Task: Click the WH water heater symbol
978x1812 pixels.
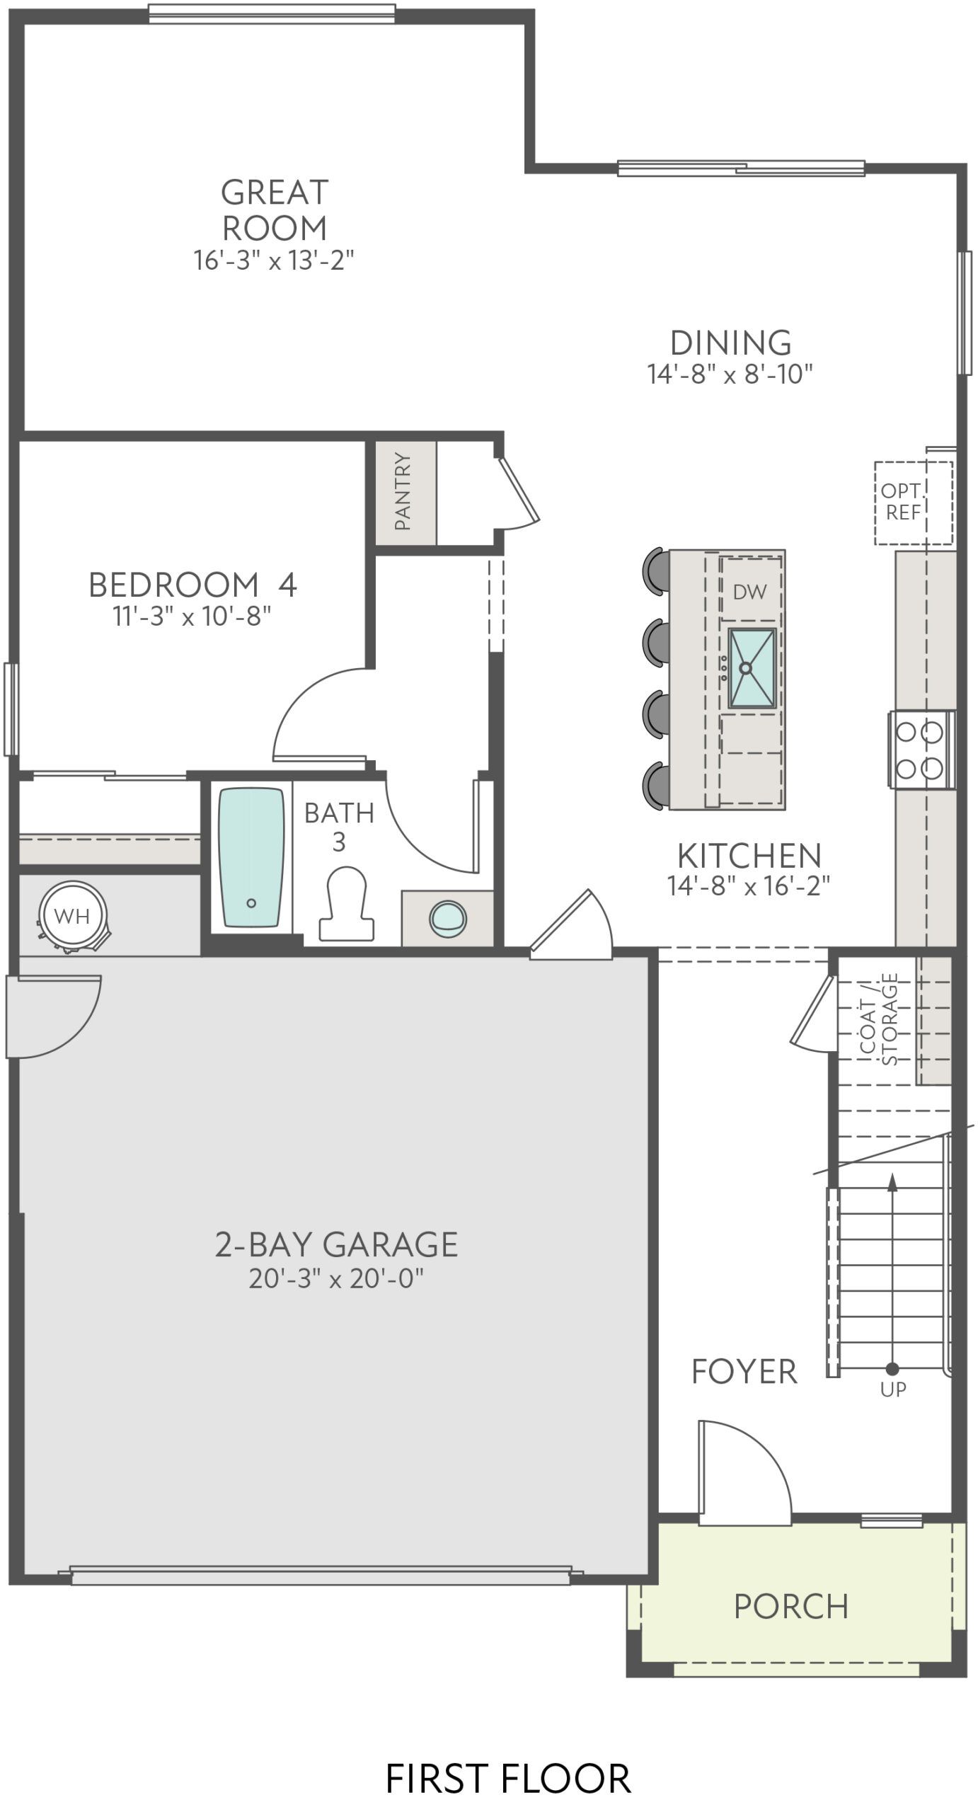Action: [x=72, y=917]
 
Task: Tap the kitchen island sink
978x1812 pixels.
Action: [x=752, y=667]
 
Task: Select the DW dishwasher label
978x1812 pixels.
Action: [x=749, y=592]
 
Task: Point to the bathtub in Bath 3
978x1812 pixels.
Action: [x=251, y=858]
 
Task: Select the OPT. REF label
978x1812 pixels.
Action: [x=902, y=501]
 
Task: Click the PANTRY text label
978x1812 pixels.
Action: [x=403, y=491]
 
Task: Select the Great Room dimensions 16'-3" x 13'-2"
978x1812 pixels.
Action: [x=273, y=260]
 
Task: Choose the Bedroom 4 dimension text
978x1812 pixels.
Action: [x=192, y=616]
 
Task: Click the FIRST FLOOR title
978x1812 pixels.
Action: [x=507, y=1778]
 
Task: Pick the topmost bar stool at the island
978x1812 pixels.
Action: [x=655, y=569]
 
